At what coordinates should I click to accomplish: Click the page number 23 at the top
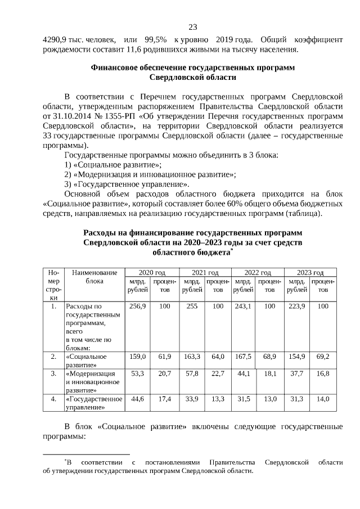point(192,27)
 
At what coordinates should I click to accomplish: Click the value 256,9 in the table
point(138,307)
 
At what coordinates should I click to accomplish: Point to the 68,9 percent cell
point(269,357)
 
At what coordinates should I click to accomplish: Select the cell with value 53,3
point(138,373)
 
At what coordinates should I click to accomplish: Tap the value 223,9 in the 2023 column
point(296,307)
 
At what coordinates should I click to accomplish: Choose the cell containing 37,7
point(296,373)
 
